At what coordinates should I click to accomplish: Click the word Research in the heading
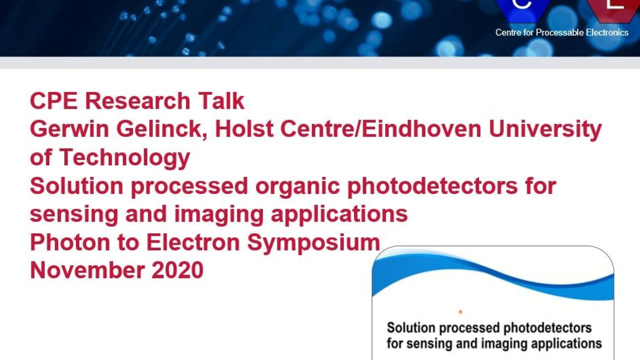138,101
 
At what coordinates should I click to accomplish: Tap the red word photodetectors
433,186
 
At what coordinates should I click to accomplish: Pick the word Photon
70,242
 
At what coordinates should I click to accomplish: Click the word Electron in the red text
193,242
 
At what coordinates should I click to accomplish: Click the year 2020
178,270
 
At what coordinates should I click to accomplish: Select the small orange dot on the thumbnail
460,312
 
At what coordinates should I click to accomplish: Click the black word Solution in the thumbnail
411,328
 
